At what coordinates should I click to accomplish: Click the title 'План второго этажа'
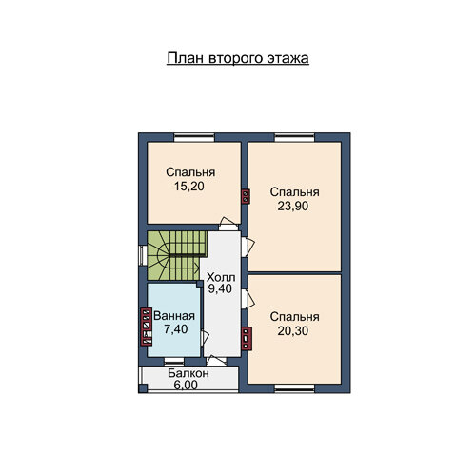pyautogui.click(x=238, y=59)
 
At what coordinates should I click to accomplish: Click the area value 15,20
pyautogui.click(x=189, y=187)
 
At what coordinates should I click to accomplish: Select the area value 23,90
pyautogui.click(x=293, y=207)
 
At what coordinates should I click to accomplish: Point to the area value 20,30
pyautogui.click(x=293, y=331)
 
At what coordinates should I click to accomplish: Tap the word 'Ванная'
pyautogui.click(x=174, y=316)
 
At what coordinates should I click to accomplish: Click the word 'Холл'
pyautogui.click(x=221, y=277)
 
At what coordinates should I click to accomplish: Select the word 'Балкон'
pyautogui.click(x=188, y=373)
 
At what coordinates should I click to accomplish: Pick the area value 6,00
pyautogui.click(x=186, y=385)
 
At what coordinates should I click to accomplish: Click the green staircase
pyautogui.click(x=177, y=255)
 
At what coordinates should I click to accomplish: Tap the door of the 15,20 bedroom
pyautogui.click(x=228, y=224)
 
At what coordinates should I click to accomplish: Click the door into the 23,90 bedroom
pyautogui.click(x=248, y=247)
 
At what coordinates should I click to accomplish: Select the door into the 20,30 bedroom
pyautogui.click(x=248, y=299)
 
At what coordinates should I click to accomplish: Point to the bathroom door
pyautogui.click(x=205, y=338)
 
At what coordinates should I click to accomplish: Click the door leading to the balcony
pyautogui.click(x=216, y=361)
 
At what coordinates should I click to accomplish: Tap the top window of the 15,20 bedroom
pyautogui.click(x=194, y=138)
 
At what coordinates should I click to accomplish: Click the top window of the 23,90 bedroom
pyautogui.click(x=294, y=138)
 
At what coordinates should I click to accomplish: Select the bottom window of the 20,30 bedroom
pyautogui.click(x=294, y=388)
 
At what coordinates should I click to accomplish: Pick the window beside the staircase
pyautogui.click(x=143, y=255)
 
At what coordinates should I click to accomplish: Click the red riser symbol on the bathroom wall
pyautogui.click(x=147, y=327)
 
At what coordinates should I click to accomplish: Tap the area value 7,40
pyautogui.click(x=176, y=329)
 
